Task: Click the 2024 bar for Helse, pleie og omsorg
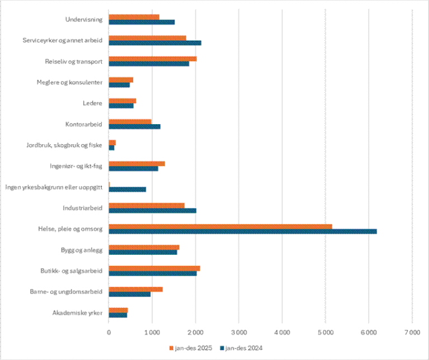tap(242, 231)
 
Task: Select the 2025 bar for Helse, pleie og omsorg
tap(220, 226)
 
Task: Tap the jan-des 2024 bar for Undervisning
tap(141, 22)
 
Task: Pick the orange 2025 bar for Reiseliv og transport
tap(152, 58)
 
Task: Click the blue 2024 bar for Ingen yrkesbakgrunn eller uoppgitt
tap(127, 190)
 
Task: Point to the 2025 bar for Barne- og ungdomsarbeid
tap(135, 289)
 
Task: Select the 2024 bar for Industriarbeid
tap(152, 210)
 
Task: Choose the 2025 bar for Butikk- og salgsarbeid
tap(154, 268)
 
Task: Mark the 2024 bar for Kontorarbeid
tap(134, 126)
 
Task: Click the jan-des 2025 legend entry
tap(192, 348)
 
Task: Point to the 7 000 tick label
tap(412, 333)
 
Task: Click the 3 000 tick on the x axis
tap(239, 333)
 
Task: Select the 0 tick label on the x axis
tap(109, 333)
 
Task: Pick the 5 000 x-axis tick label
tap(325, 333)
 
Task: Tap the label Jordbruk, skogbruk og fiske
tap(64, 145)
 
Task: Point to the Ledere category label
tap(92, 103)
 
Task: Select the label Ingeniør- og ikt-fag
tap(76, 166)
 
